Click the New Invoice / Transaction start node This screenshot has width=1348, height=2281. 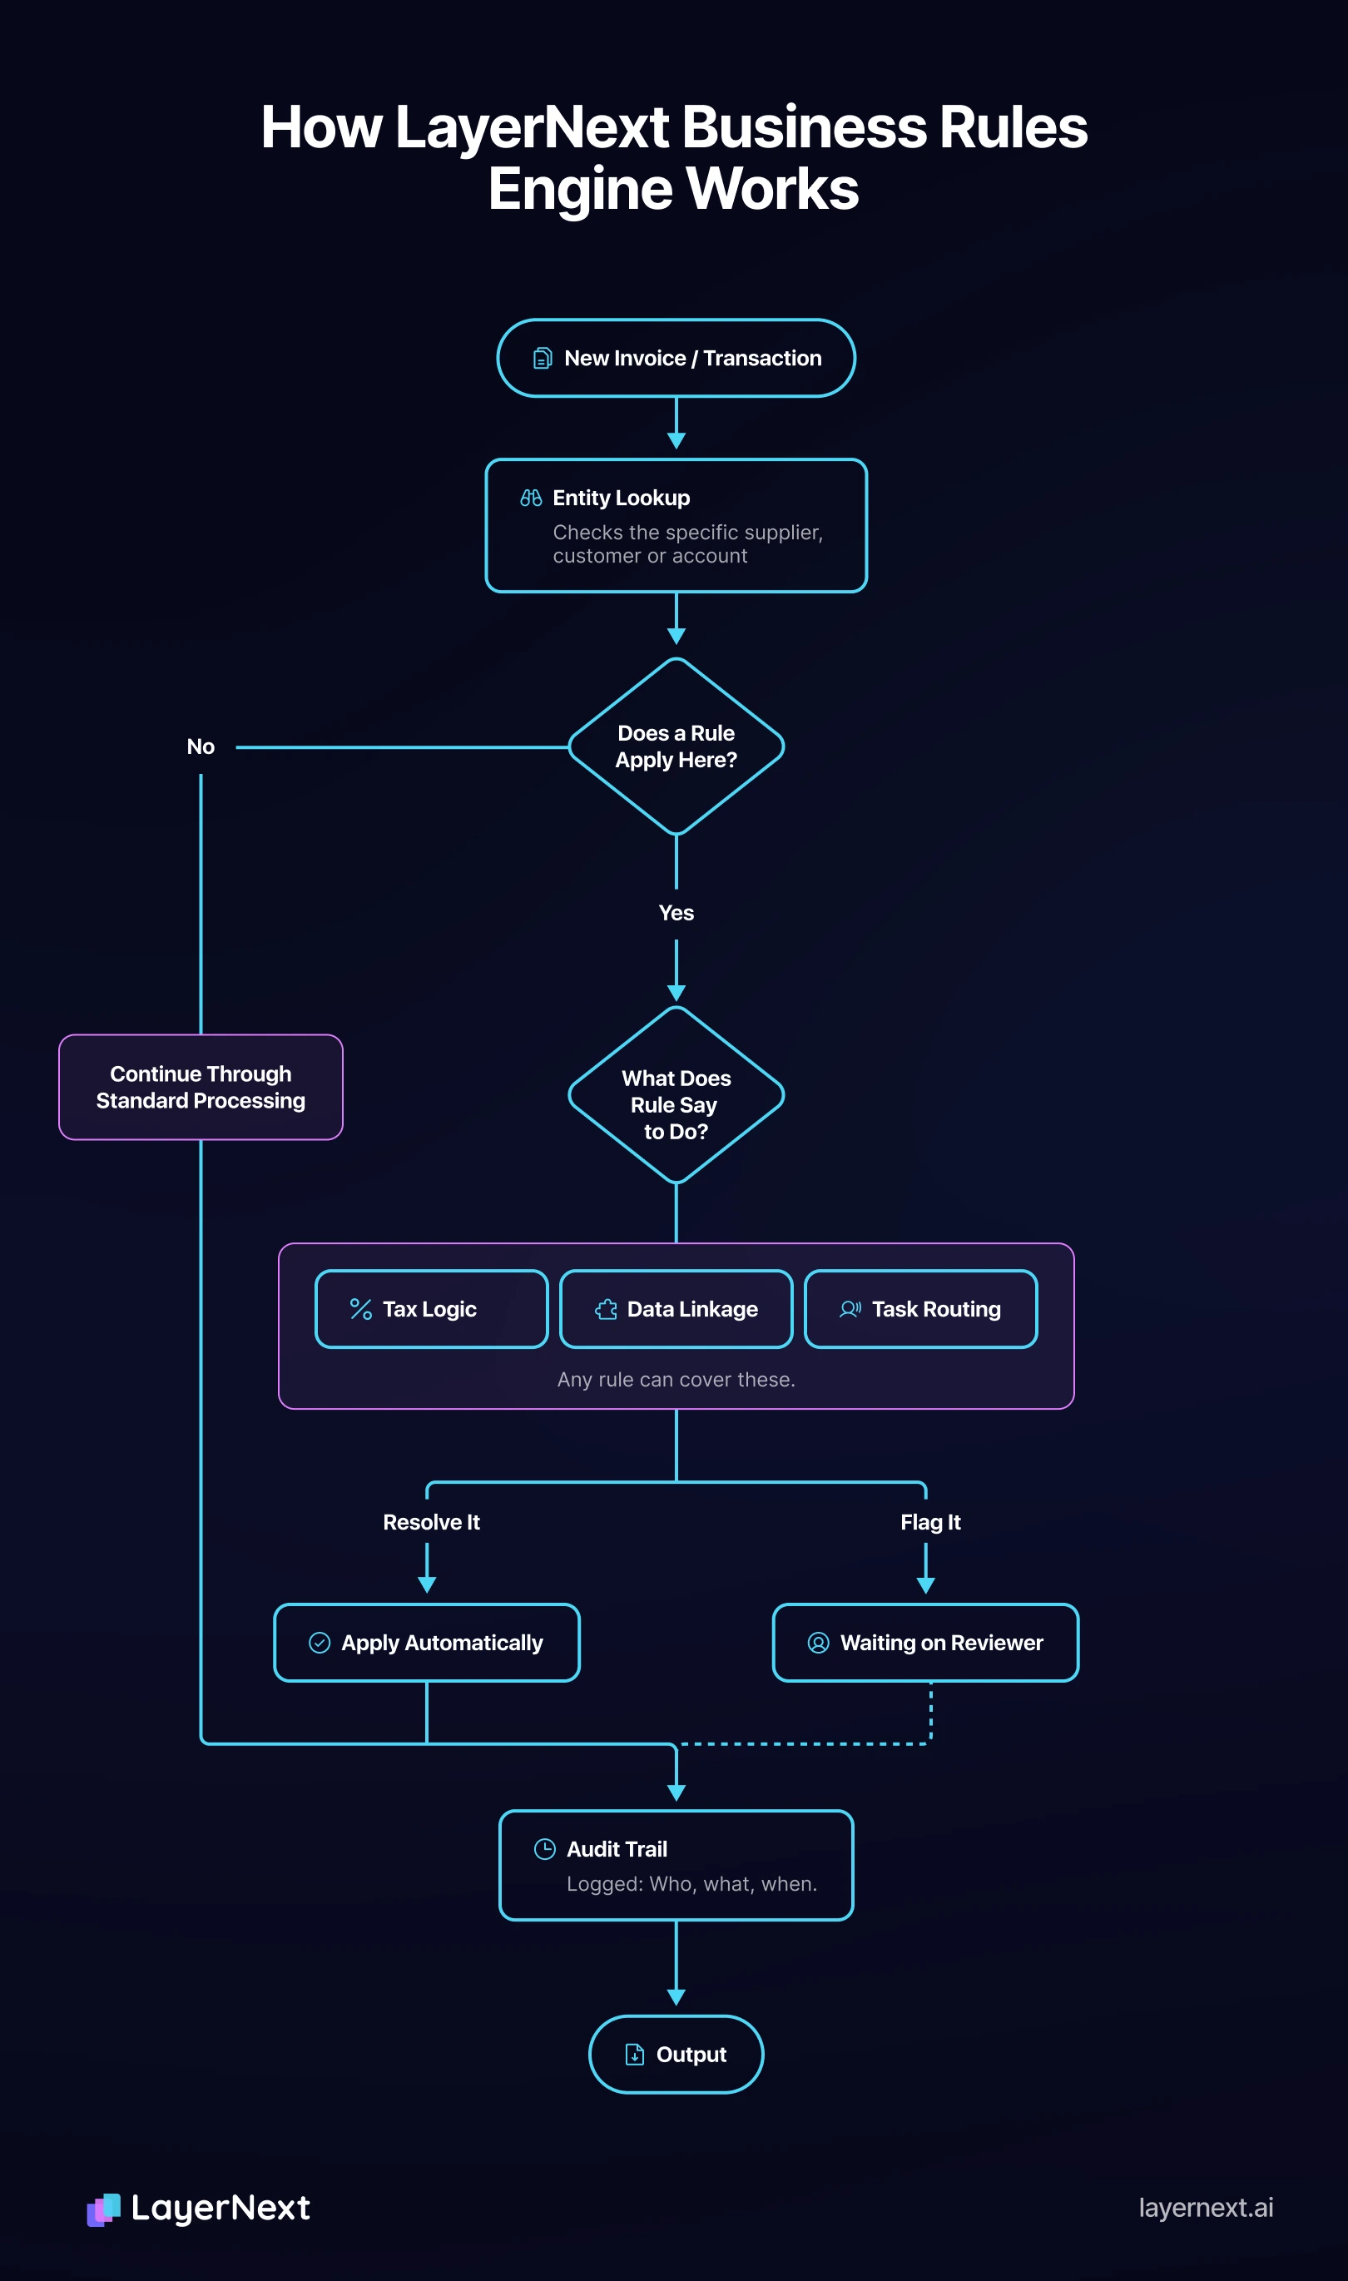(676, 358)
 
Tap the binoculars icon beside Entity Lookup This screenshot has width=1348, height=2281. (532, 498)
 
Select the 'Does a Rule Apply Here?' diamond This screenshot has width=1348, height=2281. (676, 746)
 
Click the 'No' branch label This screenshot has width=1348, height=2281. (201, 746)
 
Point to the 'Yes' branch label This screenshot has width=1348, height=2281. (676, 913)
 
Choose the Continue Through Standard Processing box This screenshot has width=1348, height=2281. (201, 1088)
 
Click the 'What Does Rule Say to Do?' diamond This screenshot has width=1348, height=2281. (676, 1095)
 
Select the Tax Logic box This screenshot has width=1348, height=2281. (432, 1309)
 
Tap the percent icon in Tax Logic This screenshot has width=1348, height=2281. (360, 1309)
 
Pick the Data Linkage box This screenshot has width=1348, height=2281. (676, 1309)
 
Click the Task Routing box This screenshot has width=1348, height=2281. (921, 1309)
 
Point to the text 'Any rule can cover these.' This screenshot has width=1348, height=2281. (676, 1380)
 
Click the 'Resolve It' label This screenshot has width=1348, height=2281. (432, 1523)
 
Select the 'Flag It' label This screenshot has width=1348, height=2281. (930, 1523)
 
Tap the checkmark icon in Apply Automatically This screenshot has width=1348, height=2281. (320, 1643)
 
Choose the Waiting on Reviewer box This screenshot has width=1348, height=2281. (925, 1643)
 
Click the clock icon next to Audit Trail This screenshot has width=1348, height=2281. (544, 1849)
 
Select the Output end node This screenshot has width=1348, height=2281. (676, 2055)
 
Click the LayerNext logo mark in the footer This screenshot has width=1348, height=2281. (103, 2209)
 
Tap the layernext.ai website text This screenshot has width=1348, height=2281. (1207, 2209)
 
